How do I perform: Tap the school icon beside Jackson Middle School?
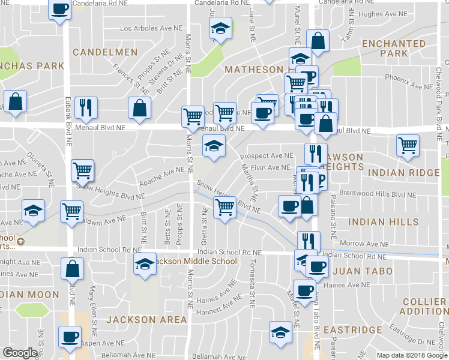point(144,264)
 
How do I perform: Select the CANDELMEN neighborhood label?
point(105,53)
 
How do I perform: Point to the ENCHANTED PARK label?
point(394,49)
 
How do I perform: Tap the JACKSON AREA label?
point(147,320)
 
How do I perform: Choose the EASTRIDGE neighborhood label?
point(352,330)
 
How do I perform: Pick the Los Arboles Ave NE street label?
point(151,28)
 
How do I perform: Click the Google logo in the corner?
point(20,352)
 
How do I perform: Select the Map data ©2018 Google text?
point(411,355)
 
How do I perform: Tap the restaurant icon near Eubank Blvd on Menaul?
point(86,107)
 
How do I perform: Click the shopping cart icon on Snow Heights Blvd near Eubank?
point(83,170)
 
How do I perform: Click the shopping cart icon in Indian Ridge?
point(408,144)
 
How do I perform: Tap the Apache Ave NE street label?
point(161,175)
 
